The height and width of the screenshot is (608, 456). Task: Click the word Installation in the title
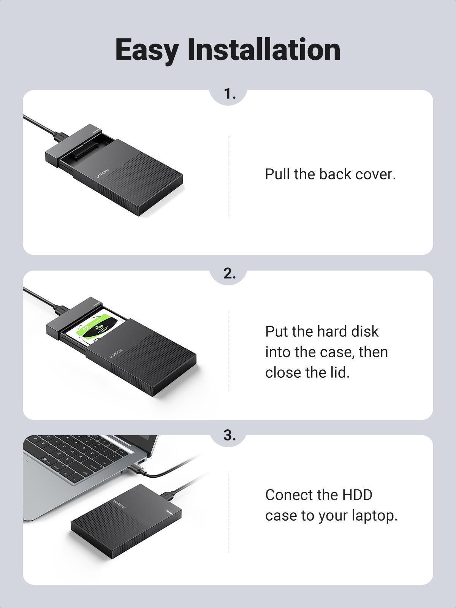point(264,49)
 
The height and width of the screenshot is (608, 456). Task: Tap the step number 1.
point(229,94)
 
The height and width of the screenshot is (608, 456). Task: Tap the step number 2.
point(229,273)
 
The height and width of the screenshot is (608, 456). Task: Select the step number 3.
point(229,435)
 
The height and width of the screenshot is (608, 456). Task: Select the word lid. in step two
point(337,372)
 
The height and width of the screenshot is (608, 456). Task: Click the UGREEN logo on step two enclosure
point(116,353)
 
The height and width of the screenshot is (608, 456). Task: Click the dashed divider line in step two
point(228,350)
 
